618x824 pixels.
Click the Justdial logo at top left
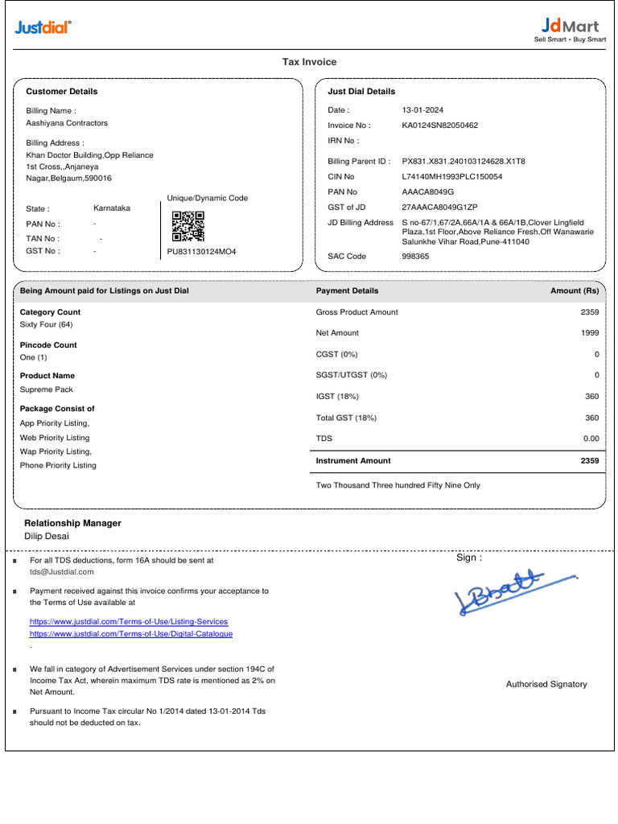click(x=43, y=28)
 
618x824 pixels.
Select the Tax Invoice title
click(x=309, y=62)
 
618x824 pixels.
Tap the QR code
click(x=188, y=226)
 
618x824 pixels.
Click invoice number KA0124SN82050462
click(x=439, y=126)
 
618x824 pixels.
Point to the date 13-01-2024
click(x=422, y=110)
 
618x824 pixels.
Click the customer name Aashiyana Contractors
click(x=67, y=123)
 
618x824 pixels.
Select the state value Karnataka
click(x=112, y=208)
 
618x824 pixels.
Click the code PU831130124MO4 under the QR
click(x=201, y=252)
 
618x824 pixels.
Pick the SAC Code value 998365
click(x=415, y=257)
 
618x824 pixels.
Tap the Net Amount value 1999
click(x=590, y=333)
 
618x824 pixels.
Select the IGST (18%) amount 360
click(x=591, y=397)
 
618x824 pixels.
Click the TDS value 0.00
click(x=591, y=439)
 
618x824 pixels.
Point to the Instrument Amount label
click(x=353, y=461)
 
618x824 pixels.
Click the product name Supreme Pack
click(x=47, y=389)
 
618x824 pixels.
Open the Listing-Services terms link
click(x=129, y=622)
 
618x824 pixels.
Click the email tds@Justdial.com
click(x=62, y=571)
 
